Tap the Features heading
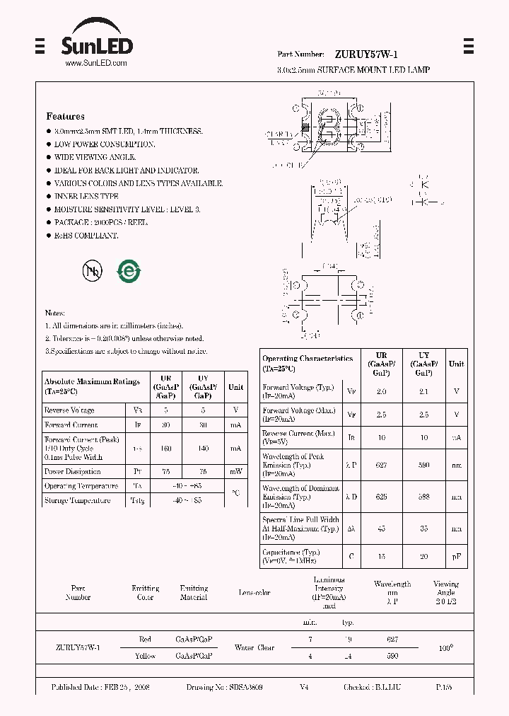click(65, 116)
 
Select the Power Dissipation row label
click(72, 471)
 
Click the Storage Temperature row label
click(77, 501)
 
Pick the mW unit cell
click(235, 471)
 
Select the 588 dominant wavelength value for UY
click(424, 497)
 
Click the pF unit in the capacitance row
click(457, 557)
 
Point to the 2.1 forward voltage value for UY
click(424, 390)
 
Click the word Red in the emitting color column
click(145, 639)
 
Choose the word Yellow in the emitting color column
click(145, 656)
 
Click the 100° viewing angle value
click(446, 647)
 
